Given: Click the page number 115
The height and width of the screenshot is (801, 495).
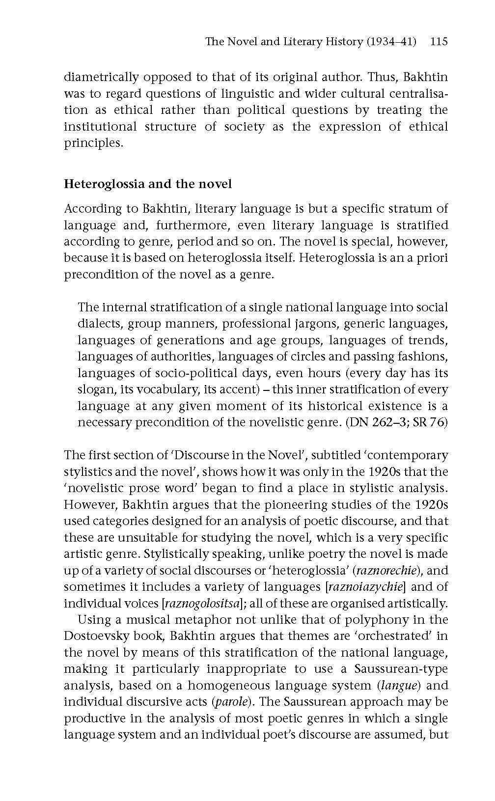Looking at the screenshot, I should [x=438, y=42].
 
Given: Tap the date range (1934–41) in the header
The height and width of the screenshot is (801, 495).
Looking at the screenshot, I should [x=391, y=42].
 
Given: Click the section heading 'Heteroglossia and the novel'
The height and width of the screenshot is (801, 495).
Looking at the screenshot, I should [x=148, y=184].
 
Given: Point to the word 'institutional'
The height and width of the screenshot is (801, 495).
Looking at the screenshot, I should [x=100, y=127].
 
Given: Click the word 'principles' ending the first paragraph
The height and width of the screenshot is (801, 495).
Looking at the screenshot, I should [x=92, y=143].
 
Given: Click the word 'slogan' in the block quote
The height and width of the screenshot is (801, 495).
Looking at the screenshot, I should [x=95, y=390].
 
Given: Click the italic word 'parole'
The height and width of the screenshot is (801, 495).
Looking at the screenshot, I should [x=231, y=702].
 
